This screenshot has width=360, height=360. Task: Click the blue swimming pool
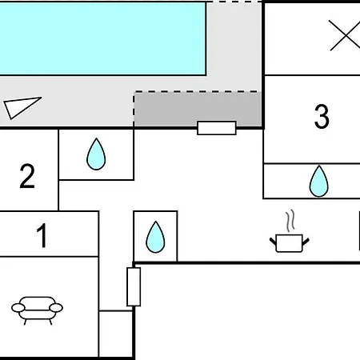(x=102, y=38)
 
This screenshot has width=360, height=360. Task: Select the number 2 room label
(x=27, y=176)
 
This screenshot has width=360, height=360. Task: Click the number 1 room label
(x=42, y=235)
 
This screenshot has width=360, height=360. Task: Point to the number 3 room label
(x=322, y=116)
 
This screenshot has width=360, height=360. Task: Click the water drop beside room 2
(x=96, y=154)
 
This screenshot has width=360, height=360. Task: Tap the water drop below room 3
(x=319, y=181)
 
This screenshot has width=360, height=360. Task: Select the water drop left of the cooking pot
(x=155, y=237)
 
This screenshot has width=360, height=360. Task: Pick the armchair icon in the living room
(x=37, y=310)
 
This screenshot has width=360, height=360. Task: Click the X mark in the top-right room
(x=345, y=35)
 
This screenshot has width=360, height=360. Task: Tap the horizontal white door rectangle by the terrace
(x=217, y=128)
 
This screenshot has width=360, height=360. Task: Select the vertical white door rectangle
(x=134, y=286)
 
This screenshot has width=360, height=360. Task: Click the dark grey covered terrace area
(x=198, y=109)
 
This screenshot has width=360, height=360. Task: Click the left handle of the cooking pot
(x=273, y=241)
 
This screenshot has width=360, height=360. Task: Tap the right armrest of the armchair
(x=56, y=308)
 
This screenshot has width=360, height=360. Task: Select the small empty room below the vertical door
(x=116, y=334)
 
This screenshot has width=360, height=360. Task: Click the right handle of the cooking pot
(x=306, y=242)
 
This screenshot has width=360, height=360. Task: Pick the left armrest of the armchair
(x=18, y=308)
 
